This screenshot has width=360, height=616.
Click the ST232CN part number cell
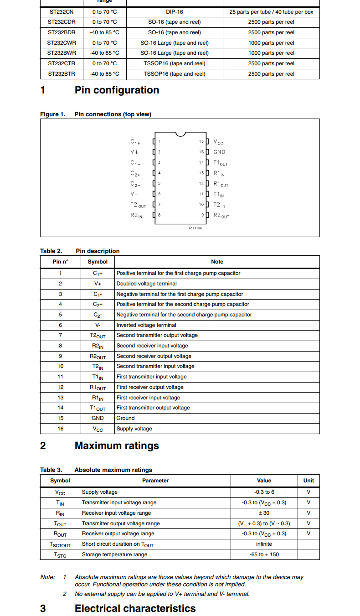pos(61,12)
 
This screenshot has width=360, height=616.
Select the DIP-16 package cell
pos(174,12)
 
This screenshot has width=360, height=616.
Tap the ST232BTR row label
pos(61,74)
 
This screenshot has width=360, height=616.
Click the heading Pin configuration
pos(117,90)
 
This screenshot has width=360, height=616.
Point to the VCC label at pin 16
pos(218,142)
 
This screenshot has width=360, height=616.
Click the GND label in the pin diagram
pos(219,152)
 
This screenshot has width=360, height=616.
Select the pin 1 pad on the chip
pos(154,142)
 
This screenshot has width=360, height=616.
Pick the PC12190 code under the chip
pos(195,228)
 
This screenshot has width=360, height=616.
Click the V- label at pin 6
pos(135,194)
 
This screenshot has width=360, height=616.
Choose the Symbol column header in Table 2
pos(98,262)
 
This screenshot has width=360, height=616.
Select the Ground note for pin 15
pos(125,418)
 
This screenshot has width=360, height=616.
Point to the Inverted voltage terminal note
pos(146,325)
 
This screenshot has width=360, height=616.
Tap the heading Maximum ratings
pos(117,446)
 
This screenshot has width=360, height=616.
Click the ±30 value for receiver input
pos(264,513)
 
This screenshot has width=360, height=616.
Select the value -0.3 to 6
pos(264,492)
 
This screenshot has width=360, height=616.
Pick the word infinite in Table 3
pos(264,544)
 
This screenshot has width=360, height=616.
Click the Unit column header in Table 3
pos(309,481)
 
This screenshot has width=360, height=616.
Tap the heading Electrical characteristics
pos(135,609)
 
